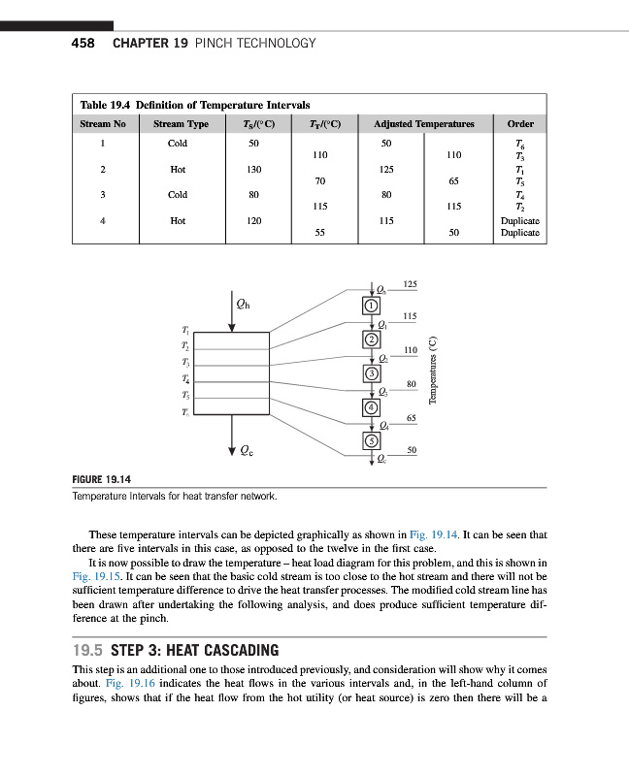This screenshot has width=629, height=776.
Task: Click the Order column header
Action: point(519,124)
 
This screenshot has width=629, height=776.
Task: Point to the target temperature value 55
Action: point(318,233)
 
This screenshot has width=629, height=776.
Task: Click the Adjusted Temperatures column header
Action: point(423,124)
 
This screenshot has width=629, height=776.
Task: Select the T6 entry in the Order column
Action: point(520,143)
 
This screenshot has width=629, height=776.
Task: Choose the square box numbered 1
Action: point(370,307)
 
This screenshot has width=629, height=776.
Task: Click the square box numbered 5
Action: point(370,440)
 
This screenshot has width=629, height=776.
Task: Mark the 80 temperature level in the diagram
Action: point(412,385)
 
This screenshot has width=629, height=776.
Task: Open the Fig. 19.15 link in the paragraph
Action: point(92,575)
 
